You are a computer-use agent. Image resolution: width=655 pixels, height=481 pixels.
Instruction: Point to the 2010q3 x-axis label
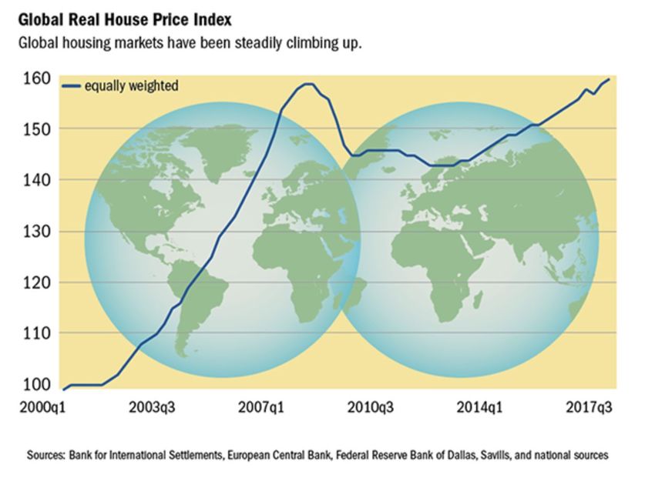pos(370,407)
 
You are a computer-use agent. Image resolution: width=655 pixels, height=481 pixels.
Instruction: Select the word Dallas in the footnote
pos(445,456)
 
